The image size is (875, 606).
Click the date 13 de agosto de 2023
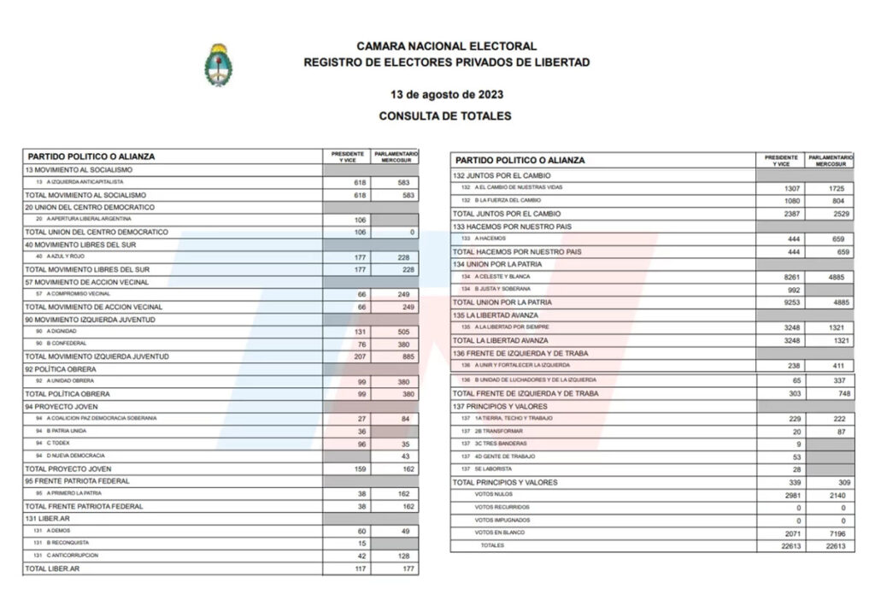pos(445,93)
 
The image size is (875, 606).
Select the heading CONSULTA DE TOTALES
pos(445,115)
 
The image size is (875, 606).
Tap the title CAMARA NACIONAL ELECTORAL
pos(446,46)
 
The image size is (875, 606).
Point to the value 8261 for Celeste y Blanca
pos(792,277)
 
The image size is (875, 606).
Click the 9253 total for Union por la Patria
pos(792,303)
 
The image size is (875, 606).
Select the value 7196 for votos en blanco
pos(841,532)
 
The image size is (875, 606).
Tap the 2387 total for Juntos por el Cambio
pos(792,214)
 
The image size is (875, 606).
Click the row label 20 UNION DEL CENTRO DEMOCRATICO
pos(90,207)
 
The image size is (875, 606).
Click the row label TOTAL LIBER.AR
pos(52,568)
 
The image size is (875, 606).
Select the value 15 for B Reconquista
pos(361,543)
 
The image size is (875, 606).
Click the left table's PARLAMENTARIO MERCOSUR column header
pos(395,156)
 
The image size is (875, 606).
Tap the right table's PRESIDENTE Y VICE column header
pos(781,160)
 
